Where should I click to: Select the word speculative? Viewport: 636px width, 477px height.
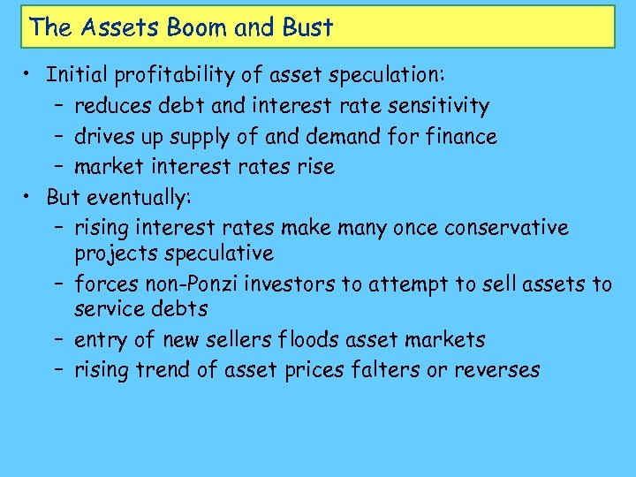224,254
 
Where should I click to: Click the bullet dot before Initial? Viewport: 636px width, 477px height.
29,76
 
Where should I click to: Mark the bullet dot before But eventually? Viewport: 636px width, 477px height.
29,196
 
